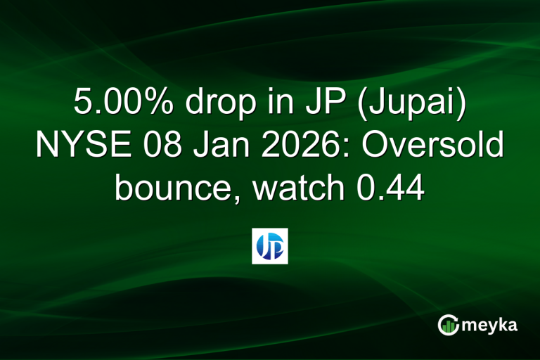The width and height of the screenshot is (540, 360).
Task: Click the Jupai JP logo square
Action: (270, 246)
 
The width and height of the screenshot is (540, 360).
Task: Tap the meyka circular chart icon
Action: (448, 325)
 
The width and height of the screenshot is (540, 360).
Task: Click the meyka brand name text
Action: (489, 326)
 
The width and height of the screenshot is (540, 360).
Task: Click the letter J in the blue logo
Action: (264, 247)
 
